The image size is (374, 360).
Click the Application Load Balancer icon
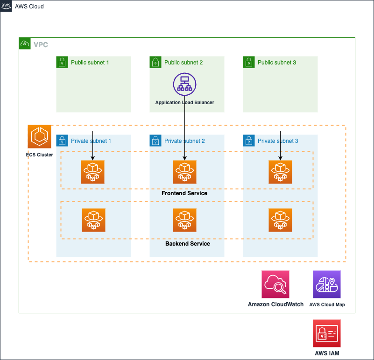pyautogui.click(x=184, y=85)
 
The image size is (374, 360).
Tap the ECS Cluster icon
pyautogui.click(x=39, y=136)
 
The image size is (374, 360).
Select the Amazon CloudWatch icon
pyautogui.click(x=275, y=284)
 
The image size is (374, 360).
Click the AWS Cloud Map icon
pyautogui.click(x=327, y=284)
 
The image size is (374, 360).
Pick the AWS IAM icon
pyautogui.click(x=327, y=333)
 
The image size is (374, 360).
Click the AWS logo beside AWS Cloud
pyautogui.click(x=6, y=6)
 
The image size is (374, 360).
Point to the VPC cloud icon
pyautogui.click(x=25, y=43)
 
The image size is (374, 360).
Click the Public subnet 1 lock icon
pyautogui.click(x=62, y=62)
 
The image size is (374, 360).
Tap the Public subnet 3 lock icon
pyautogui.click(x=249, y=62)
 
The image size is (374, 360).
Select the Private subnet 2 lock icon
pyautogui.click(x=155, y=141)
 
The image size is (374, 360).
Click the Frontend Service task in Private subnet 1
pyautogui.click(x=92, y=172)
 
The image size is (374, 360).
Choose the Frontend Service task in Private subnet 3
pyautogui.click(x=280, y=172)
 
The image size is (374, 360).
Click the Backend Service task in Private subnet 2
pyautogui.click(x=184, y=220)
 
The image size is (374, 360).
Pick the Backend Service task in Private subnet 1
pyautogui.click(x=93, y=220)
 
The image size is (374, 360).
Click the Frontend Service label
pyautogui.click(x=184, y=193)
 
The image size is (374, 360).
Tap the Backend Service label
pyautogui.click(x=188, y=244)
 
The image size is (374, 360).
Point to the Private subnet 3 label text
pyautogui.click(x=278, y=141)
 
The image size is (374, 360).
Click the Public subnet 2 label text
pyautogui.click(x=183, y=63)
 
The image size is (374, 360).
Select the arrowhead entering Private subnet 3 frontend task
pyautogui.click(x=280, y=158)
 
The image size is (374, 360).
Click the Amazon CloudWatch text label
pyautogui.click(x=276, y=304)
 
